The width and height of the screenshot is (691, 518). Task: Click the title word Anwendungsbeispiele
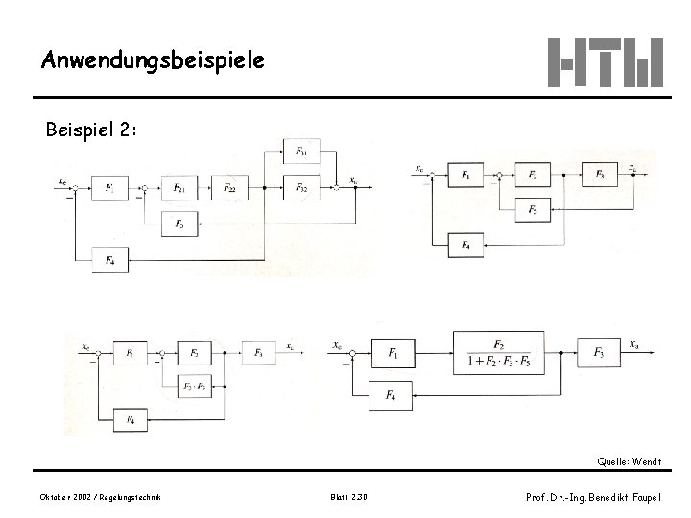point(152,60)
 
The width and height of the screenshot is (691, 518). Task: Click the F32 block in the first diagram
point(301,187)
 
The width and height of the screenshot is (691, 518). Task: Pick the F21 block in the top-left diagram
point(179,187)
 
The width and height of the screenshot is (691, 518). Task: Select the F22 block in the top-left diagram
point(230,187)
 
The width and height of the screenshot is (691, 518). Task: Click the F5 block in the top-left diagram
point(179,224)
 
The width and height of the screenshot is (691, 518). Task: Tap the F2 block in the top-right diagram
point(534,175)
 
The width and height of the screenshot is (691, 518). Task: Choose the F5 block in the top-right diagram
point(534,208)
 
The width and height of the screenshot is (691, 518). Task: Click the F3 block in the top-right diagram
point(600,175)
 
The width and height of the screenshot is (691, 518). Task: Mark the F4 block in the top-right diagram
point(466,246)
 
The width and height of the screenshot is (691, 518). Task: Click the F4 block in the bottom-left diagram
point(131,419)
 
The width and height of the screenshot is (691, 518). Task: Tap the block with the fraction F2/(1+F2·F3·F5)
point(499,354)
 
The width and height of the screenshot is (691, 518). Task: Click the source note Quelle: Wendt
point(629,462)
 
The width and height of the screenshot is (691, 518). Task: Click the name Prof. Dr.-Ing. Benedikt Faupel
point(593,496)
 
